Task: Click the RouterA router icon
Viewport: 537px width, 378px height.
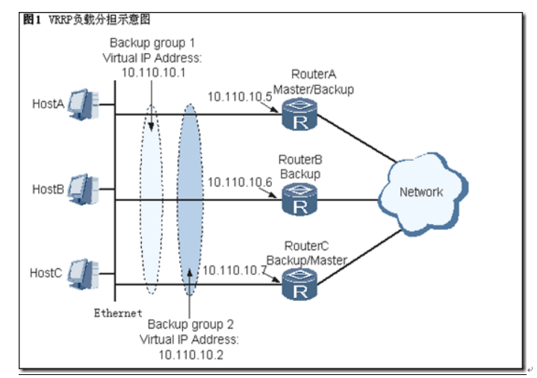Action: pos(300,117)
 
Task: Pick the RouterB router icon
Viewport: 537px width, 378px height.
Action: pos(300,200)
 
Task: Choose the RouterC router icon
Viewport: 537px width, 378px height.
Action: pos(300,285)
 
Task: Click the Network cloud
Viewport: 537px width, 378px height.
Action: pos(420,193)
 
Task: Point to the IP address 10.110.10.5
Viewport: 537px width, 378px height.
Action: pos(239,96)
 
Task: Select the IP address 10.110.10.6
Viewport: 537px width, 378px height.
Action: pos(239,182)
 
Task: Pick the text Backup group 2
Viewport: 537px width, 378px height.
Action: pos(190,325)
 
